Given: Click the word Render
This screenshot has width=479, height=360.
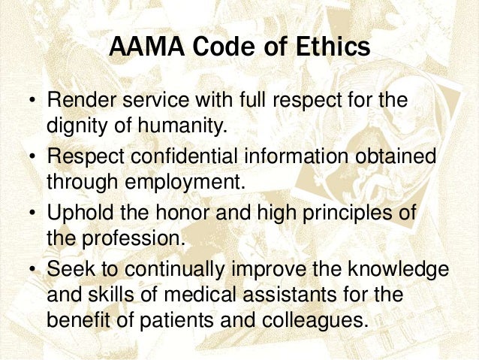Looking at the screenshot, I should [81, 100].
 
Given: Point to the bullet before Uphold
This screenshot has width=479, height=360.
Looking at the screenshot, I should [32, 214].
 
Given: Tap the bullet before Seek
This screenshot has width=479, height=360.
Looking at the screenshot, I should [32, 270].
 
